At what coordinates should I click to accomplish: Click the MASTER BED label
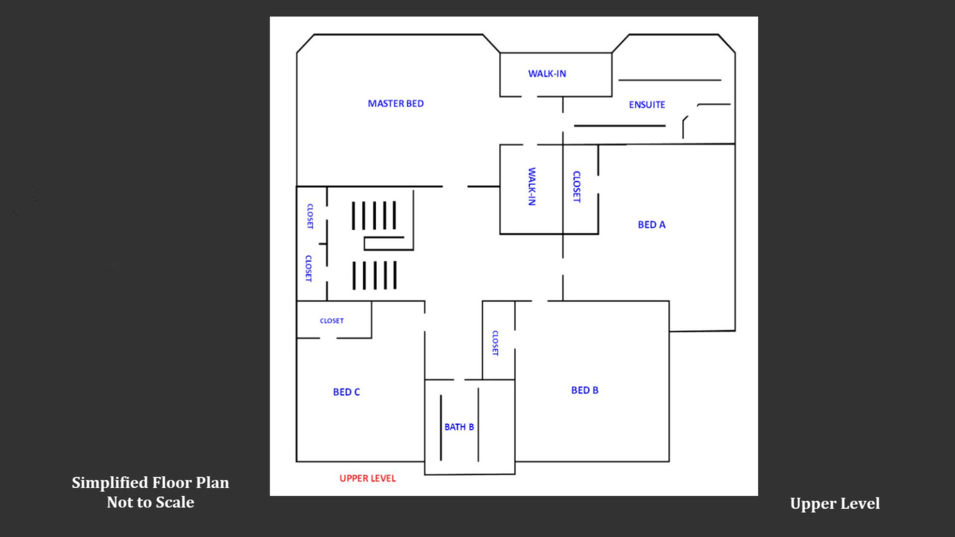(x=396, y=103)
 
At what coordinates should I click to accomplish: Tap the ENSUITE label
(x=647, y=104)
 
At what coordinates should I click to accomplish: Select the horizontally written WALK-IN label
(x=547, y=74)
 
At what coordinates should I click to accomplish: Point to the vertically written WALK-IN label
(x=531, y=186)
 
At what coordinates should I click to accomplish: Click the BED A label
(x=651, y=225)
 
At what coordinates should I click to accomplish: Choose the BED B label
(x=585, y=390)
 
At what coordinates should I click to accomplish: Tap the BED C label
(x=346, y=392)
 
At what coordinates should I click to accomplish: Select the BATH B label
(x=459, y=427)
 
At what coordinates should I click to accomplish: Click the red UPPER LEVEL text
(x=367, y=478)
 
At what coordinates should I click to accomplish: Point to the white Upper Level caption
(x=835, y=504)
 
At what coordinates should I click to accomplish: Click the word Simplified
(x=110, y=483)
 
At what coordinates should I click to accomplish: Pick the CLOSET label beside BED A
(x=576, y=186)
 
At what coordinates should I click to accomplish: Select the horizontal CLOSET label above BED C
(x=331, y=321)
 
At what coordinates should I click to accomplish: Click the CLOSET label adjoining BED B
(x=495, y=343)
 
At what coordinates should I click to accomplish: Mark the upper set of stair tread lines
(x=374, y=215)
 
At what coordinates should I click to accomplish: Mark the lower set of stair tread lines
(x=374, y=275)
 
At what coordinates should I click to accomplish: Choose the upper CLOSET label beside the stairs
(x=310, y=216)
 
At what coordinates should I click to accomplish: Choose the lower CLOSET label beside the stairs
(x=308, y=268)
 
